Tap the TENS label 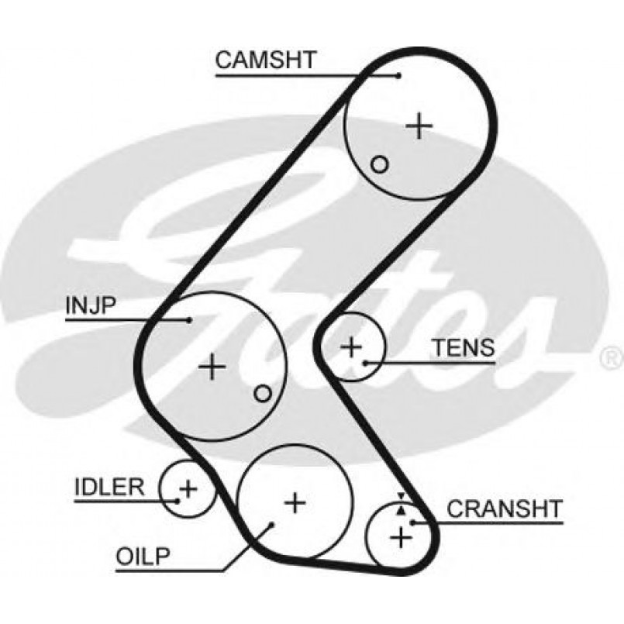tap(463, 348)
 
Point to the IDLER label tap(109, 487)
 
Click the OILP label tap(142, 556)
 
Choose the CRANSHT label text tap(504, 509)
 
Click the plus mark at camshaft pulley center tap(419, 125)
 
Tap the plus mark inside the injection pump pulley tap(212, 366)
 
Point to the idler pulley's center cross tap(188, 488)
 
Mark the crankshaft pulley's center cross tap(401, 536)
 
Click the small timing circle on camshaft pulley tap(379, 164)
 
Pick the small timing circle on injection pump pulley tap(263, 394)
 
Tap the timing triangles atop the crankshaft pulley tap(401, 505)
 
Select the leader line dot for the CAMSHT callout tap(398, 75)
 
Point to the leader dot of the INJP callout tap(189, 319)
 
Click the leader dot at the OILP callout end tap(272, 525)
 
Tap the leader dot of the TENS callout tap(364, 362)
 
